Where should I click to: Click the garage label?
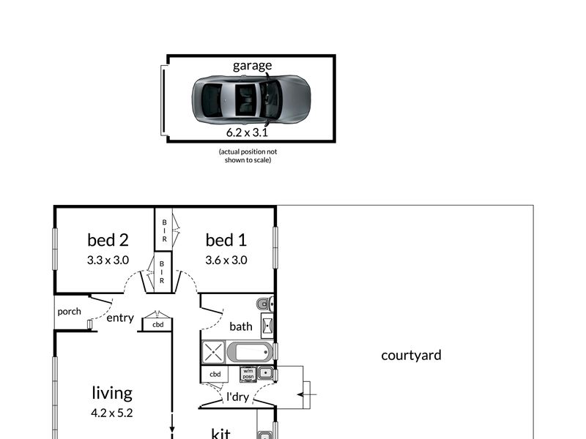tap(252, 66)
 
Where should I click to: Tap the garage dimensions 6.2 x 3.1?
tap(247, 132)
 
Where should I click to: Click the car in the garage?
tap(251, 100)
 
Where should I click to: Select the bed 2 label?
tap(108, 240)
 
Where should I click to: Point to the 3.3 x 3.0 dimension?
tap(108, 260)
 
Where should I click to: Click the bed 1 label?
tap(226, 240)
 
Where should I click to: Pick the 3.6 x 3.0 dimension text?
tap(226, 260)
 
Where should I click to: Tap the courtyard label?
tap(411, 356)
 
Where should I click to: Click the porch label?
tap(69, 312)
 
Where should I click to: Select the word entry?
tap(120, 318)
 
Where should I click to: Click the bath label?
tap(241, 326)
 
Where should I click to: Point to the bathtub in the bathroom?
tap(250, 353)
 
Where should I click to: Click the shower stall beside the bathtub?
tap(213, 352)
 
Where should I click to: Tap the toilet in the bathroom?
tap(265, 304)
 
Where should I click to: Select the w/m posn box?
tap(248, 374)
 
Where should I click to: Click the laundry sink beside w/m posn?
tap(265, 373)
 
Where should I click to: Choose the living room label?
tap(112, 393)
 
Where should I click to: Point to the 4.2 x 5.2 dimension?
tap(112, 413)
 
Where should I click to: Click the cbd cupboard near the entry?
tap(157, 324)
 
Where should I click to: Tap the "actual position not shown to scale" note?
tap(248, 156)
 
